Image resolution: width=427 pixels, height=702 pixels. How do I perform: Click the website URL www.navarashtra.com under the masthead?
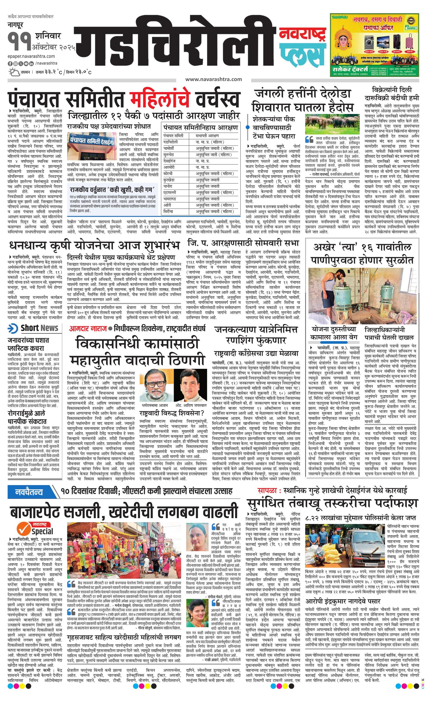pyautogui.click(x=213, y=79)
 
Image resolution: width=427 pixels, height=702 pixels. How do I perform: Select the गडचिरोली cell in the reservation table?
pyautogui.click(x=171, y=142)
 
